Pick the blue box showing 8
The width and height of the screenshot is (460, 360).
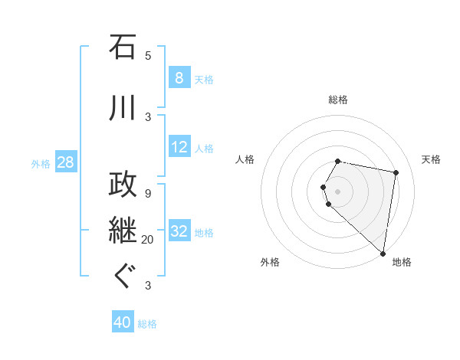click(179, 78)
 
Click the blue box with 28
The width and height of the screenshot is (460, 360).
click(65, 163)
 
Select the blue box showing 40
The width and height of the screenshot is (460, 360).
click(123, 323)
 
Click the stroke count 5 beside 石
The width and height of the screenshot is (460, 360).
click(148, 56)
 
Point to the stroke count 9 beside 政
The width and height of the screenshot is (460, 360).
click(148, 192)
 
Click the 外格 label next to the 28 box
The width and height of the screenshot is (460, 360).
click(41, 163)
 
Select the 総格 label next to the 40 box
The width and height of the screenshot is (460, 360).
click(147, 324)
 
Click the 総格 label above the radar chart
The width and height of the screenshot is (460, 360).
click(338, 100)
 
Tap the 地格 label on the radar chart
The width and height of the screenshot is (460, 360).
click(402, 262)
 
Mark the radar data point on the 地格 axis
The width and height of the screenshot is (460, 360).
click(383, 253)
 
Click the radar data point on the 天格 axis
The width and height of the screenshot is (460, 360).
click(396, 172)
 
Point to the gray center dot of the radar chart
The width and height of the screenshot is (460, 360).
click(338, 191)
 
